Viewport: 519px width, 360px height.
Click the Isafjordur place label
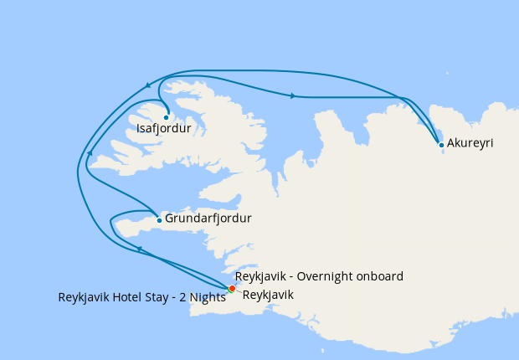pos(165,130)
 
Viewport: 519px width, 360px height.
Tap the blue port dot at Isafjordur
pos(167,117)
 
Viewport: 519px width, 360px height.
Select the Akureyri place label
pos(470,144)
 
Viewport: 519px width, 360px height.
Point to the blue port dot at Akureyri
pos(441,145)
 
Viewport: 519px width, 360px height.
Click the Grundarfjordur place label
pos(208,219)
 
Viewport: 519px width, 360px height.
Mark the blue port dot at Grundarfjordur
pos(159,220)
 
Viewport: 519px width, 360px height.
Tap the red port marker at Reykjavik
pos(232,289)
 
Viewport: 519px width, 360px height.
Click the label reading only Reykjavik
pos(268,296)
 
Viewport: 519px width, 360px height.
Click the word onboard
pos(382,276)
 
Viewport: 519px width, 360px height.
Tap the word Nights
pos(206,298)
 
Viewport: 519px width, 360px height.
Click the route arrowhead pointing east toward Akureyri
pos(292,96)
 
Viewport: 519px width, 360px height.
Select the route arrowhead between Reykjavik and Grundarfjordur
pos(140,249)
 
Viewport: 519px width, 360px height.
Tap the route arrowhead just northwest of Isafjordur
pos(148,85)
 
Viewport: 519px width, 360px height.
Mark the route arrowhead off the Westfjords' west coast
pos(90,153)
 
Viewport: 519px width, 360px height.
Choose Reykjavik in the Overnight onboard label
pos(260,276)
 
